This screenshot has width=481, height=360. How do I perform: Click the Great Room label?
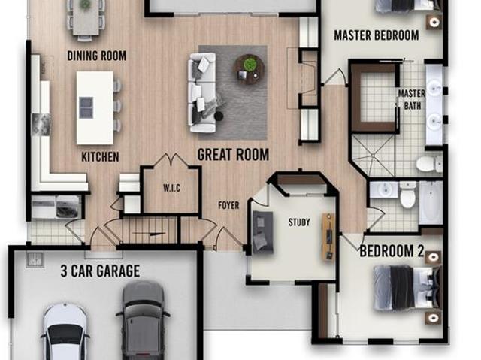(234, 155)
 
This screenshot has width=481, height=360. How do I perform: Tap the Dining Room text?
(97, 56)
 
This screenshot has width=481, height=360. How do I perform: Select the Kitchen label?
(100, 157)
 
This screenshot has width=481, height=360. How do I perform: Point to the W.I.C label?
(172, 188)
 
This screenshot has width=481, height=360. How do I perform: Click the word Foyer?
(228, 205)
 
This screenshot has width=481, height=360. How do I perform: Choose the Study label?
(299, 222)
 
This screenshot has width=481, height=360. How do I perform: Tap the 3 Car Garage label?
(100, 271)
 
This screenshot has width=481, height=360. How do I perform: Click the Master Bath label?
(412, 100)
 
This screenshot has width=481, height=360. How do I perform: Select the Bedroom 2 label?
(392, 251)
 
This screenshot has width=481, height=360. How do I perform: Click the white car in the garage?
(65, 331)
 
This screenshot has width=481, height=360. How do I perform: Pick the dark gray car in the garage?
(143, 320)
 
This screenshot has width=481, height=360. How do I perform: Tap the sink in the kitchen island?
(86, 108)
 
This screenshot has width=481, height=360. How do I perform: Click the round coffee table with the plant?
(250, 69)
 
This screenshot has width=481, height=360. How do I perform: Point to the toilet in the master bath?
(428, 165)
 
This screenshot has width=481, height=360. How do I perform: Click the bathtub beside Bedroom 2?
(431, 203)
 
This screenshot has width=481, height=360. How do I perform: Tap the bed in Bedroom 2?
(407, 287)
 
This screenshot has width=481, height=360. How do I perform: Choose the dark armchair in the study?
(263, 231)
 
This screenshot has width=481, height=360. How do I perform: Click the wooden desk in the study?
(328, 237)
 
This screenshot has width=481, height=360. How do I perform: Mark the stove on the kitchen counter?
(41, 124)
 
